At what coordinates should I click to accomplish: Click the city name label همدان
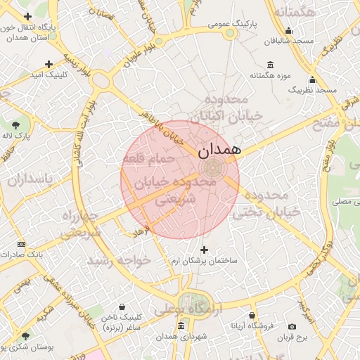(219, 149)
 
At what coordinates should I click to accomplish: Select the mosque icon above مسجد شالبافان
(288, 30)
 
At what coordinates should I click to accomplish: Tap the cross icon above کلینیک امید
(49, 65)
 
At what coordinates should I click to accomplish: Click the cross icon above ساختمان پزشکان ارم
(205, 250)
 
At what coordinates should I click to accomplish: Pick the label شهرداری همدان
(182, 337)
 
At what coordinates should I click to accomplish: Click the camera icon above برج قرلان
(292, 326)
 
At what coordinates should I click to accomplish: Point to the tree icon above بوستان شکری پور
(26, 337)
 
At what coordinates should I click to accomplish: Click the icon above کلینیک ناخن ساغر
(123, 307)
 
